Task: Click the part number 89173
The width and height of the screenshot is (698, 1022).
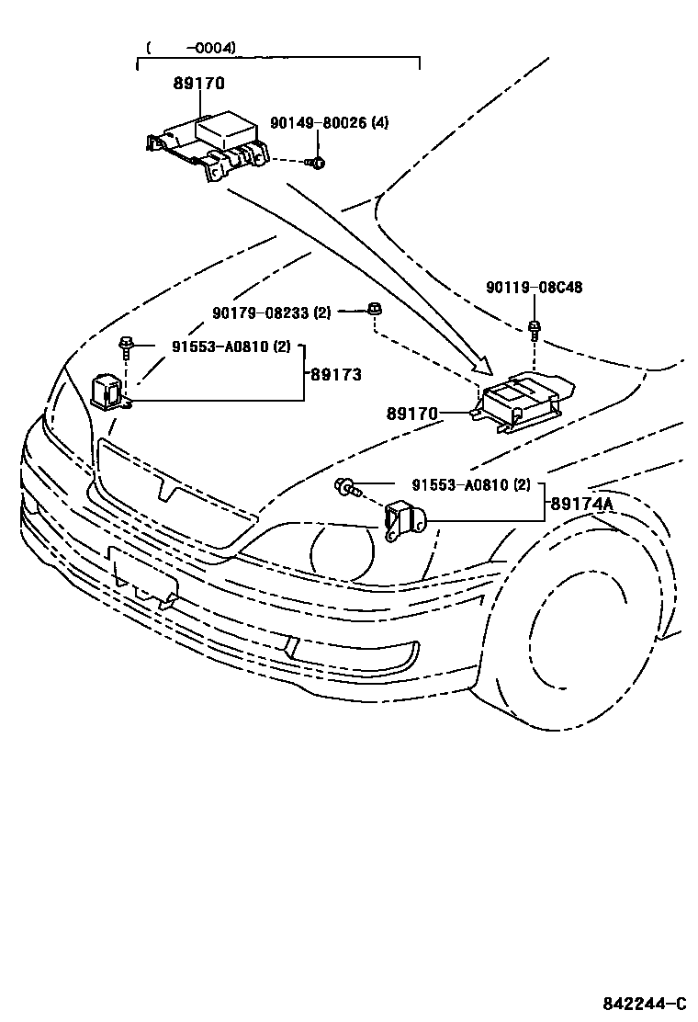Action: pyautogui.click(x=335, y=375)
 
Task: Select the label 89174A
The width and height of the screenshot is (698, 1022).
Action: pyautogui.click(x=581, y=504)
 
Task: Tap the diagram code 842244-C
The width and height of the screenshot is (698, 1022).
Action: pyautogui.click(x=644, y=1002)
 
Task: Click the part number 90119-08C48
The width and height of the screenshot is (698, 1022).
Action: pyautogui.click(x=534, y=288)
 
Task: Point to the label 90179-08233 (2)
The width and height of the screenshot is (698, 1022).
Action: pyautogui.click(x=271, y=312)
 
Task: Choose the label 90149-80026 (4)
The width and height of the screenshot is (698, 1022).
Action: pyautogui.click(x=329, y=122)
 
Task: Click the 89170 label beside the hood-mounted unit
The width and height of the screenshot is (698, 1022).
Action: pyautogui.click(x=412, y=414)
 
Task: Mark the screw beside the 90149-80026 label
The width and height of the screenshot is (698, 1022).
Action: pyautogui.click(x=316, y=164)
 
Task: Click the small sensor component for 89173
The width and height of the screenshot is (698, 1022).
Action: pyautogui.click(x=107, y=391)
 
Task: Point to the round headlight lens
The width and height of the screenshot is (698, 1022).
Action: pyautogui.click(x=343, y=552)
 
